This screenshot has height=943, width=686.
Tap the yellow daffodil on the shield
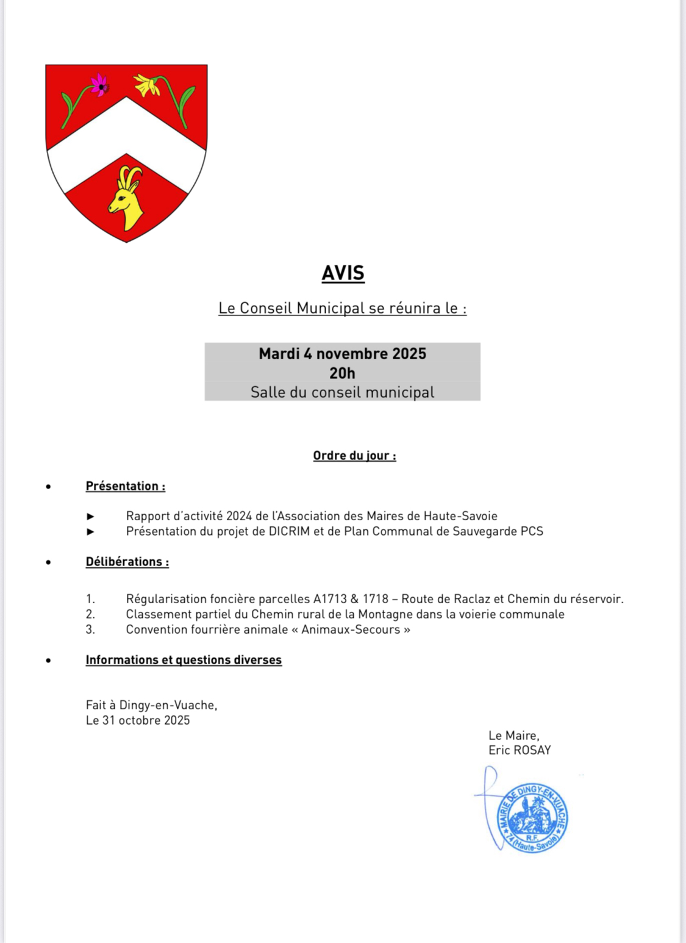pos(147,85)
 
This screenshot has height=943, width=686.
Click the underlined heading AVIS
pos(343,273)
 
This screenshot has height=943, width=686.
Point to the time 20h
pos(342,373)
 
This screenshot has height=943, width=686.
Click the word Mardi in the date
pos(279,354)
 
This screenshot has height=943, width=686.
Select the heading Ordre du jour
pos(354,456)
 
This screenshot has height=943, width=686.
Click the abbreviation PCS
pos(532,531)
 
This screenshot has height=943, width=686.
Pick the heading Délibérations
pos(127,562)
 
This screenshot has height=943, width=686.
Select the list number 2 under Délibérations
pos(90,614)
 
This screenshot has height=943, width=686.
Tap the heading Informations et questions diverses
pos(184,660)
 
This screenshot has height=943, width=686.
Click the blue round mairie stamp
pos(532,817)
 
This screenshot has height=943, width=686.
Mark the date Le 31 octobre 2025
pos(138,720)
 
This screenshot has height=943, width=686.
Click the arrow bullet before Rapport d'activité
pos(91,517)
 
